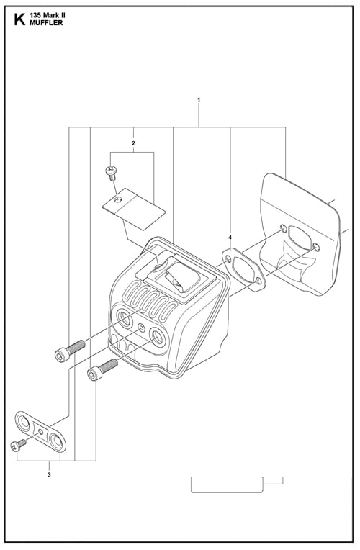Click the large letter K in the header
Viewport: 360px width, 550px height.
coord(19,19)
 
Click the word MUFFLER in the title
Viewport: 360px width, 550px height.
coord(46,23)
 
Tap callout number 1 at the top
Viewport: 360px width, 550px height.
coord(199,100)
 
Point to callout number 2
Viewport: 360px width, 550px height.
coord(133,143)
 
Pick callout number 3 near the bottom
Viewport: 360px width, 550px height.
coord(49,475)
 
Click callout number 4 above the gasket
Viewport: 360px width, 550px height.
coord(230,238)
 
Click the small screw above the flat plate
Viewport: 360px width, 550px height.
coord(111,172)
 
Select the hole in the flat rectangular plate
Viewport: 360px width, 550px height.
coord(119,199)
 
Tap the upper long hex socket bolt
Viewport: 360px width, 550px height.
coord(70,351)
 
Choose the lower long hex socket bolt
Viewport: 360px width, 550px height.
coord(102,369)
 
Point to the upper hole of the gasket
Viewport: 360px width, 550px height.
coord(229,260)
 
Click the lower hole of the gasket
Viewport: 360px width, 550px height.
coord(258,280)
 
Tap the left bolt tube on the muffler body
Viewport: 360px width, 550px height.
coord(125,318)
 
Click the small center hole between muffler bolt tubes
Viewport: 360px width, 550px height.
coord(141,328)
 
